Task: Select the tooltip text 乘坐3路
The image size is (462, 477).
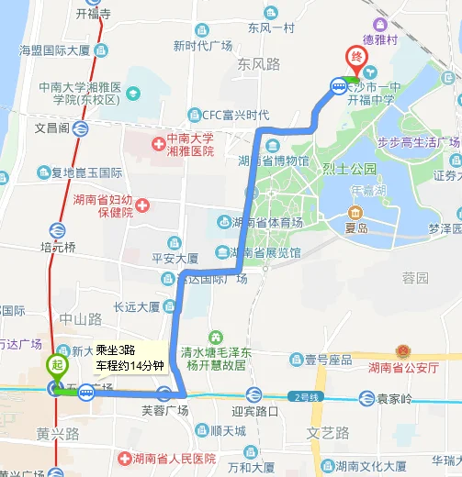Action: coord(117,350)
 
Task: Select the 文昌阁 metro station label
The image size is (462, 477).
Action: coord(51,128)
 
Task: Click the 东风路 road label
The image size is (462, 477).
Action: coord(258,64)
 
